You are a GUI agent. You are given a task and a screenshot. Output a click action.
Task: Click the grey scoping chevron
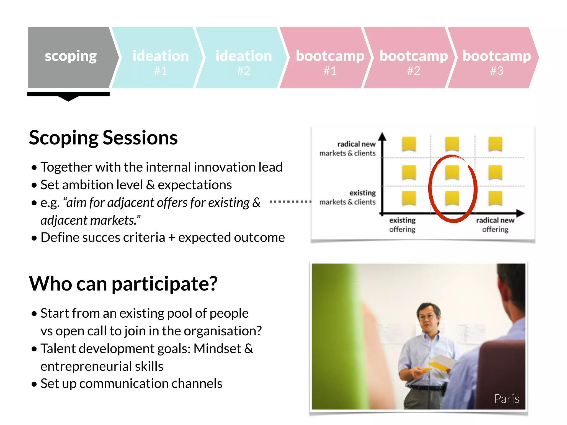[71, 58]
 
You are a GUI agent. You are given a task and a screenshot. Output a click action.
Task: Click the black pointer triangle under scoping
[68, 99]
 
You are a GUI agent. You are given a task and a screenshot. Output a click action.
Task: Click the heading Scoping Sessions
[103, 138]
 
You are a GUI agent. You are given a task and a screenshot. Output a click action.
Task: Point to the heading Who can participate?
[123, 284]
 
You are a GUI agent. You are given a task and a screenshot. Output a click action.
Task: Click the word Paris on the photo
[506, 399]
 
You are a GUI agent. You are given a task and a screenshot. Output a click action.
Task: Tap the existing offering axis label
[402, 225]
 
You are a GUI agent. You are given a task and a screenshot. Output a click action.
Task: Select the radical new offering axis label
[495, 225]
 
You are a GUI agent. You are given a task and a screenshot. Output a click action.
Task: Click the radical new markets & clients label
[348, 149]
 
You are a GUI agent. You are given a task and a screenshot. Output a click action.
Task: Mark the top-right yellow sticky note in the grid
[495, 144]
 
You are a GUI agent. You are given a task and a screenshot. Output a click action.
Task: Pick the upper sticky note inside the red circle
[452, 172]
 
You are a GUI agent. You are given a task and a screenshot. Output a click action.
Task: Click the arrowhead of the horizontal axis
[520, 213]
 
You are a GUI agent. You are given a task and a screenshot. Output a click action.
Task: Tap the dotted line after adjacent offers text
[290, 202]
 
